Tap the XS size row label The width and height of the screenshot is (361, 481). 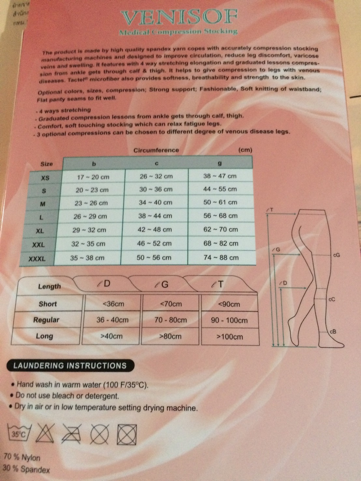[x=45, y=178]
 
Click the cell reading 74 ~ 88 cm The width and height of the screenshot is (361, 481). [x=221, y=258]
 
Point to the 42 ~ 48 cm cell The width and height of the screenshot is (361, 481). [x=154, y=229]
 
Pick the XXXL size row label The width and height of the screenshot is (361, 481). [x=37, y=259]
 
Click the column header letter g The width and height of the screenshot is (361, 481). [x=220, y=163]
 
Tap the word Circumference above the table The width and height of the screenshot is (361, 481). [x=156, y=150]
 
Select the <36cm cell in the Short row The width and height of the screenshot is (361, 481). [x=113, y=304]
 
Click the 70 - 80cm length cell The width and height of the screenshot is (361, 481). [x=170, y=320]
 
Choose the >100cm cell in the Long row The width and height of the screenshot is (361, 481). [x=230, y=337]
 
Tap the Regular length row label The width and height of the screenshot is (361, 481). [x=46, y=320]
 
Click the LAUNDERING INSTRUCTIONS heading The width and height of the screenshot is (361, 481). [x=70, y=365]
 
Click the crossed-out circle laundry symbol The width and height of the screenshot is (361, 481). [x=99, y=434]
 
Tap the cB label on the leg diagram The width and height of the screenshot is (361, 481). [x=333, y=332]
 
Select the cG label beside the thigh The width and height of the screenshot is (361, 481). [x=336, y=255]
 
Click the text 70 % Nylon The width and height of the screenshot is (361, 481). [x=22, y=458]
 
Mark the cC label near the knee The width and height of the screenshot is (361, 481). [x=331, y=299]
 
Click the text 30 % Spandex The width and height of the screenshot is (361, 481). [x=26, y=469]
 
